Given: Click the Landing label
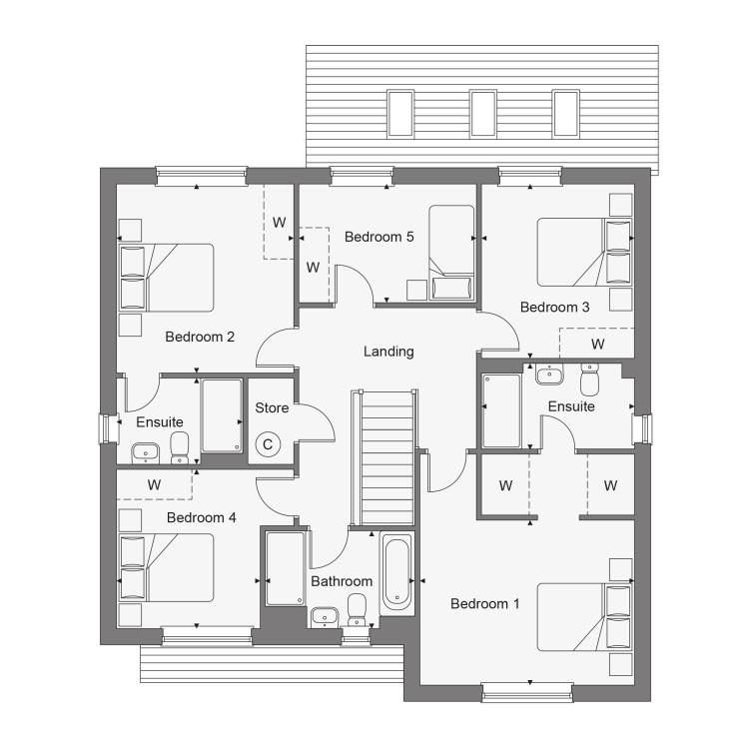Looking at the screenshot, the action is pos(388,352).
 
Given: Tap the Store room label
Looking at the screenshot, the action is pos(272,407).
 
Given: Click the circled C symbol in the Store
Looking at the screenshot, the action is pos(268,444).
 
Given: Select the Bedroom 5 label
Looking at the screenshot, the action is pos(378,237).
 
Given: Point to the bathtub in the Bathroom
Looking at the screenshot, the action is pos(396,573).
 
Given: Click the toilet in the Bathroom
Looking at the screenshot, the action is pos(357,609).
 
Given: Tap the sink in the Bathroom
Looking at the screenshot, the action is pos(325,617).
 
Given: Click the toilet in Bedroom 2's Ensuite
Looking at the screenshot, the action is pos(180,447).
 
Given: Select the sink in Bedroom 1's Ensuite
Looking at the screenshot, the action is pos(549,374).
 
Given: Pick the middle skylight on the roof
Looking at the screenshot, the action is pos(483,113).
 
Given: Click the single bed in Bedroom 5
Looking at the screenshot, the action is pos(451,253).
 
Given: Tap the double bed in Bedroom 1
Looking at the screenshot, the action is pos(584,617).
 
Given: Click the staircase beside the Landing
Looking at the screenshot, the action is pos(386,458).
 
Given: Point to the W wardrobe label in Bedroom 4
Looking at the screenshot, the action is pos(154,484).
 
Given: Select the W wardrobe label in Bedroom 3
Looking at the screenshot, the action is pos(597,344).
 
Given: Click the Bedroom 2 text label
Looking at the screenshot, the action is pos(200,337).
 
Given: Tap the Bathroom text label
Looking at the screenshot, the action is pos(342,581).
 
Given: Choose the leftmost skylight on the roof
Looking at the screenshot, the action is pos(400,113).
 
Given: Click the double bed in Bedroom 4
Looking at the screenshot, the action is pos(166,567).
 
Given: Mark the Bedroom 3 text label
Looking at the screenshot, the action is pos(554,307).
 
